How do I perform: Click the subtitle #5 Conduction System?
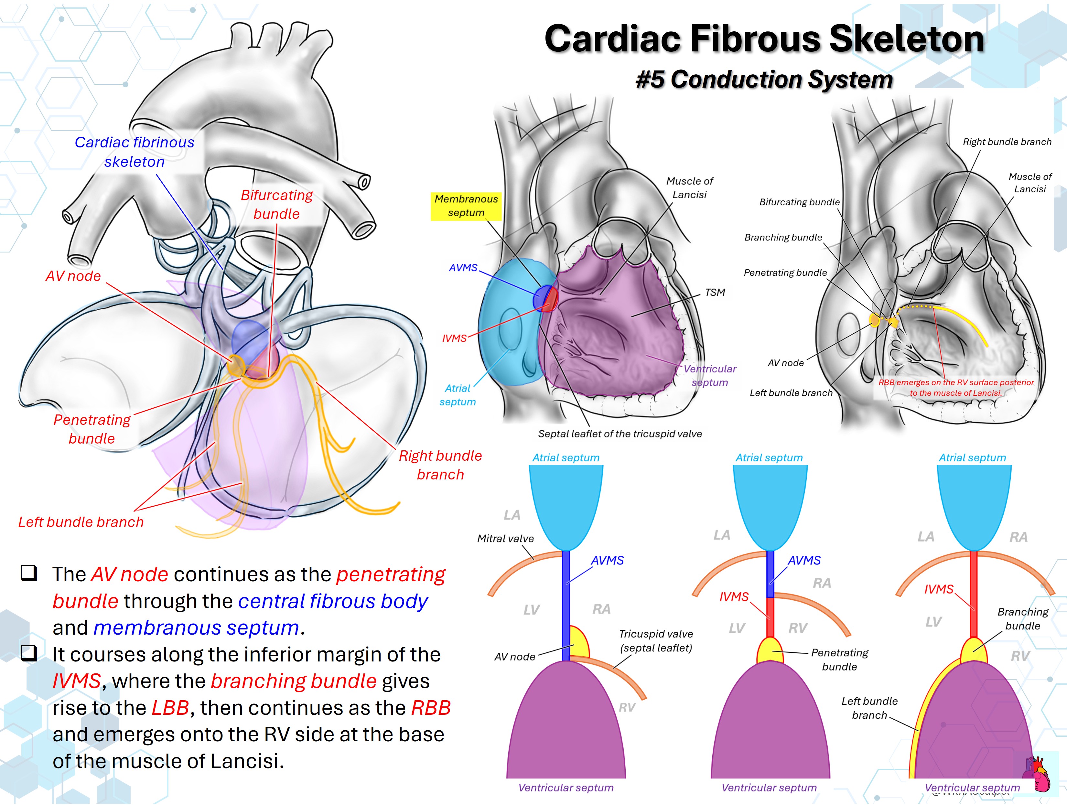[764, 79]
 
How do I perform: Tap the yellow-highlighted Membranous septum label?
[466, 206]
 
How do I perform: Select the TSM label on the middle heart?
[715, 292]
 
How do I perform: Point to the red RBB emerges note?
[956, 388]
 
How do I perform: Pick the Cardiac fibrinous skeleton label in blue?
[135, 152]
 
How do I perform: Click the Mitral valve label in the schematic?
[505, 538]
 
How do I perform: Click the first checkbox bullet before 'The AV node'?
[29, 573]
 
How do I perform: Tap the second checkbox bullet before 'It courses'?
[29, 653]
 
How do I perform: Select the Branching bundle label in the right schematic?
[1023, 618]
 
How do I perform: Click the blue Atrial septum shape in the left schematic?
[566, 507]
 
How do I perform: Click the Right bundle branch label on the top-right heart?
[1007, 142]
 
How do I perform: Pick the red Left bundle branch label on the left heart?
[81, 522]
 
